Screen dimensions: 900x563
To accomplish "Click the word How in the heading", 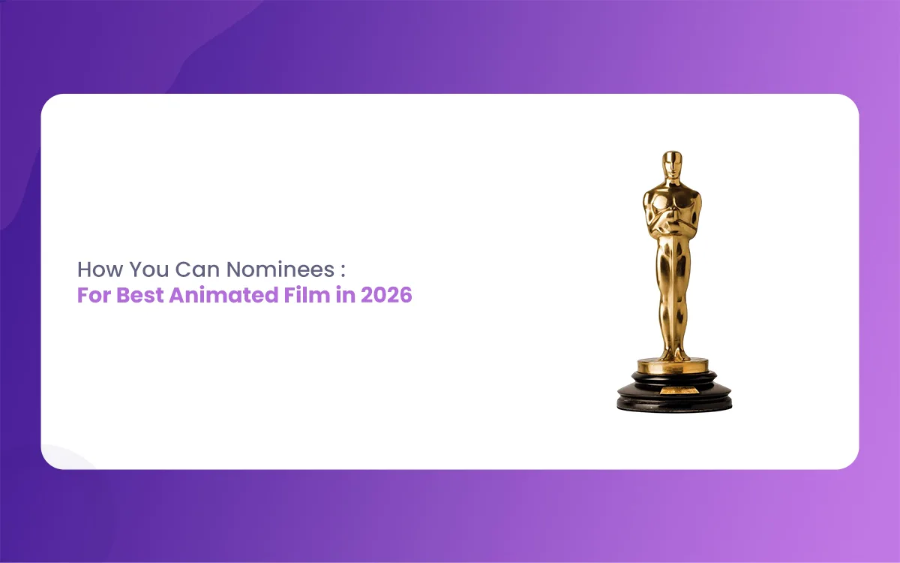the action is tap(100, 269).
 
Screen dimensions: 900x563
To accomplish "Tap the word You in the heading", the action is tap(149, 269).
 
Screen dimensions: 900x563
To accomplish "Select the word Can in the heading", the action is tap(198, 269).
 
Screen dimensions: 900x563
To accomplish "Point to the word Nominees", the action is tap(280, 269).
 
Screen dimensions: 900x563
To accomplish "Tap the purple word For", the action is tap(94, 295).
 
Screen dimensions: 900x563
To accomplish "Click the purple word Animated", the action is tap(223, 295).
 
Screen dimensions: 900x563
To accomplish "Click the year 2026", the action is tap(386, 295).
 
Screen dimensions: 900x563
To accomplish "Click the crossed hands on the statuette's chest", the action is tap(672, 222).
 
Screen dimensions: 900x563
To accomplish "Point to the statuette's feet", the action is tap(674, 354).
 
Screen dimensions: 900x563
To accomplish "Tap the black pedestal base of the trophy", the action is tap(674, 391).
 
